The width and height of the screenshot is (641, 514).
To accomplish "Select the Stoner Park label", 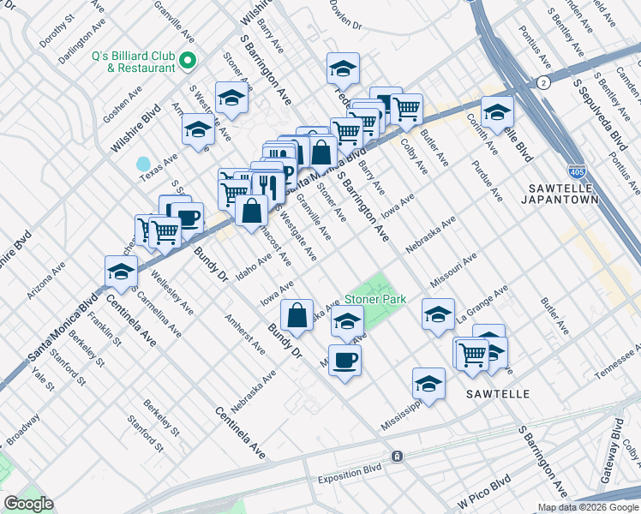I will point(374,301).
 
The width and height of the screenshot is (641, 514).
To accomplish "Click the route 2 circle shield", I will point(543,82).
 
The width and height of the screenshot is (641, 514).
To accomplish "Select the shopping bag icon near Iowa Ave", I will point(296,314).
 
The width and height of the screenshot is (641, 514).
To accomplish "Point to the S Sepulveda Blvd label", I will point(604,119).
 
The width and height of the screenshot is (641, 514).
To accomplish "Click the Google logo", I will point(28,504).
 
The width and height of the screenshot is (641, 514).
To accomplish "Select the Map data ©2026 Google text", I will point(587,507).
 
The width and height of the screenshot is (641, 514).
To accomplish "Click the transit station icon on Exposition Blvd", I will point(397,457).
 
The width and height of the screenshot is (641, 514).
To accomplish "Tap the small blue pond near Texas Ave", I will point(143,163).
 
